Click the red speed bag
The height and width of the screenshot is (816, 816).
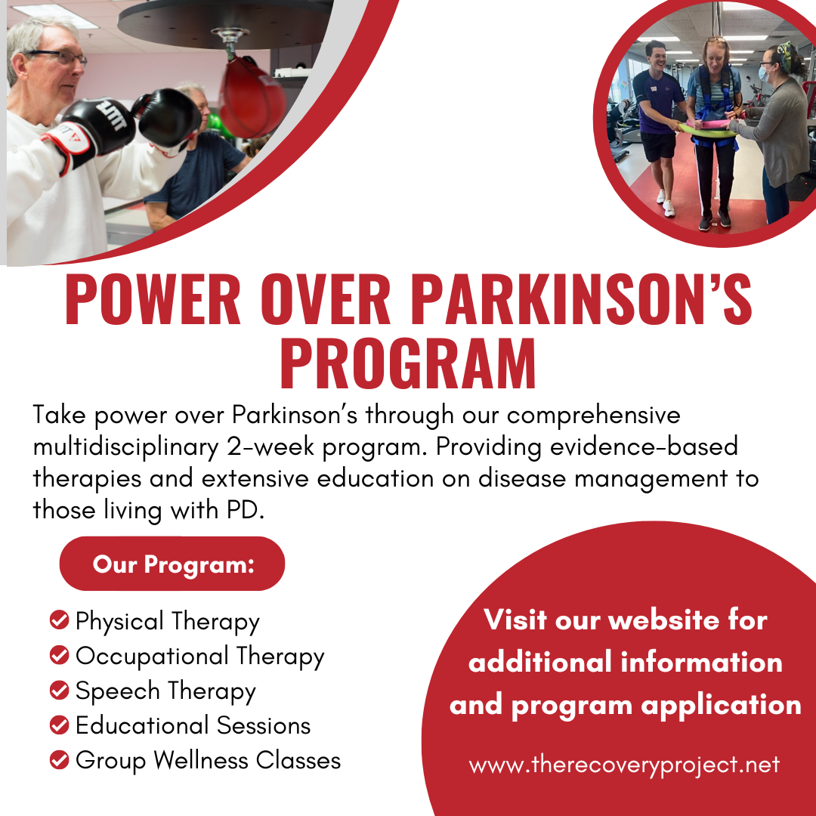pyautogui.click(x=252, y=97)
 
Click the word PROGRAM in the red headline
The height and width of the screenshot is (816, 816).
pyautogui.click(x=408, y=363)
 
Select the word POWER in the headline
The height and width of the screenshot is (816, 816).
pyautogui.click(x=153, y=300)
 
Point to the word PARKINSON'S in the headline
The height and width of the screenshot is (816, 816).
pyautogui.click(x=582, y=300)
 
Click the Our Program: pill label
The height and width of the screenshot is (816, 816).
pyautogui.click(x=172, y=564)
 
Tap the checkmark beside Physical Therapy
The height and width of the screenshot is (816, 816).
pyautogui.click(x=60, y=620)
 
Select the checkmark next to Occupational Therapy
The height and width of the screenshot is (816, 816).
pyautogui.click(x=60, y=654)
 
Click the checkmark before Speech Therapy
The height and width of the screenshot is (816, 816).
pyautogui.click(x=60, y=690)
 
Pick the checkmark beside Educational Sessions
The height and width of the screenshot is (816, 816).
pyautogui.click(x=60, y=725)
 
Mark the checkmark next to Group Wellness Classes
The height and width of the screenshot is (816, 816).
pyautogui.click(x=60, y=759)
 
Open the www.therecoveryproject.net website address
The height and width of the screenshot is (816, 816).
pyautogui.click(x=624, y=765)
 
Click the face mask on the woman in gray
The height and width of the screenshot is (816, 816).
pyautogui.click(x=764, y=73)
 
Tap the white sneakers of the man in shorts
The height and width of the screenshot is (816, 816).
pyautogui.click(x=666, y=204)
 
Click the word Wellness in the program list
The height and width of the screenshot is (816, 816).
pyautogui.click(x=200, y=760)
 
